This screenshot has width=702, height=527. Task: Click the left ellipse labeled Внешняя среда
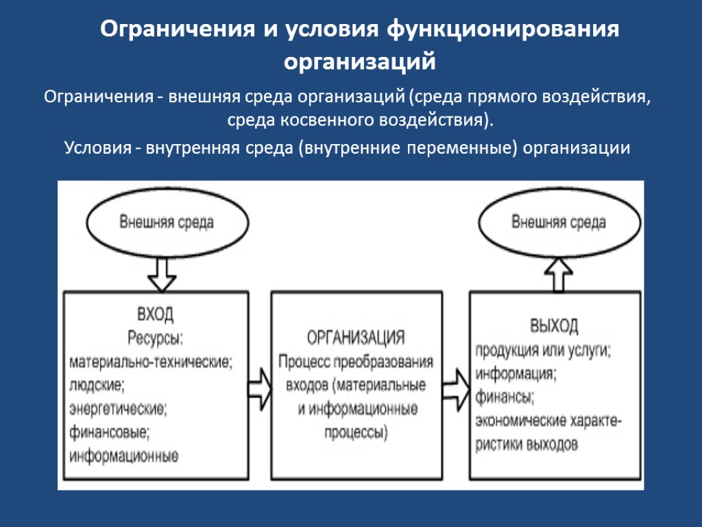[167, 222]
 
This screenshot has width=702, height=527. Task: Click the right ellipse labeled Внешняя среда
[559, 222]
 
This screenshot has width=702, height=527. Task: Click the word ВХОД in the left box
[156, 315]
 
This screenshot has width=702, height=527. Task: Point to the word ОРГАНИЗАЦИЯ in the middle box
[355, 338]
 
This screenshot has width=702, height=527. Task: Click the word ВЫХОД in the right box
[554, 325]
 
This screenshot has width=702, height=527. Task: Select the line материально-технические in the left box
[152, 362]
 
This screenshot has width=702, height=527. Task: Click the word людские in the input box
[97, 385]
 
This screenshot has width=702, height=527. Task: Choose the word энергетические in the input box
[117, 409]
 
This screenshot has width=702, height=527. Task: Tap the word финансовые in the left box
[110, 432]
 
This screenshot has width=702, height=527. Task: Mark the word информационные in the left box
[124, 456]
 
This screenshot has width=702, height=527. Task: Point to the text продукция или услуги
[544, 349]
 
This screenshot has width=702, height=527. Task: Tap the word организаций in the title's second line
[360, 62]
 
